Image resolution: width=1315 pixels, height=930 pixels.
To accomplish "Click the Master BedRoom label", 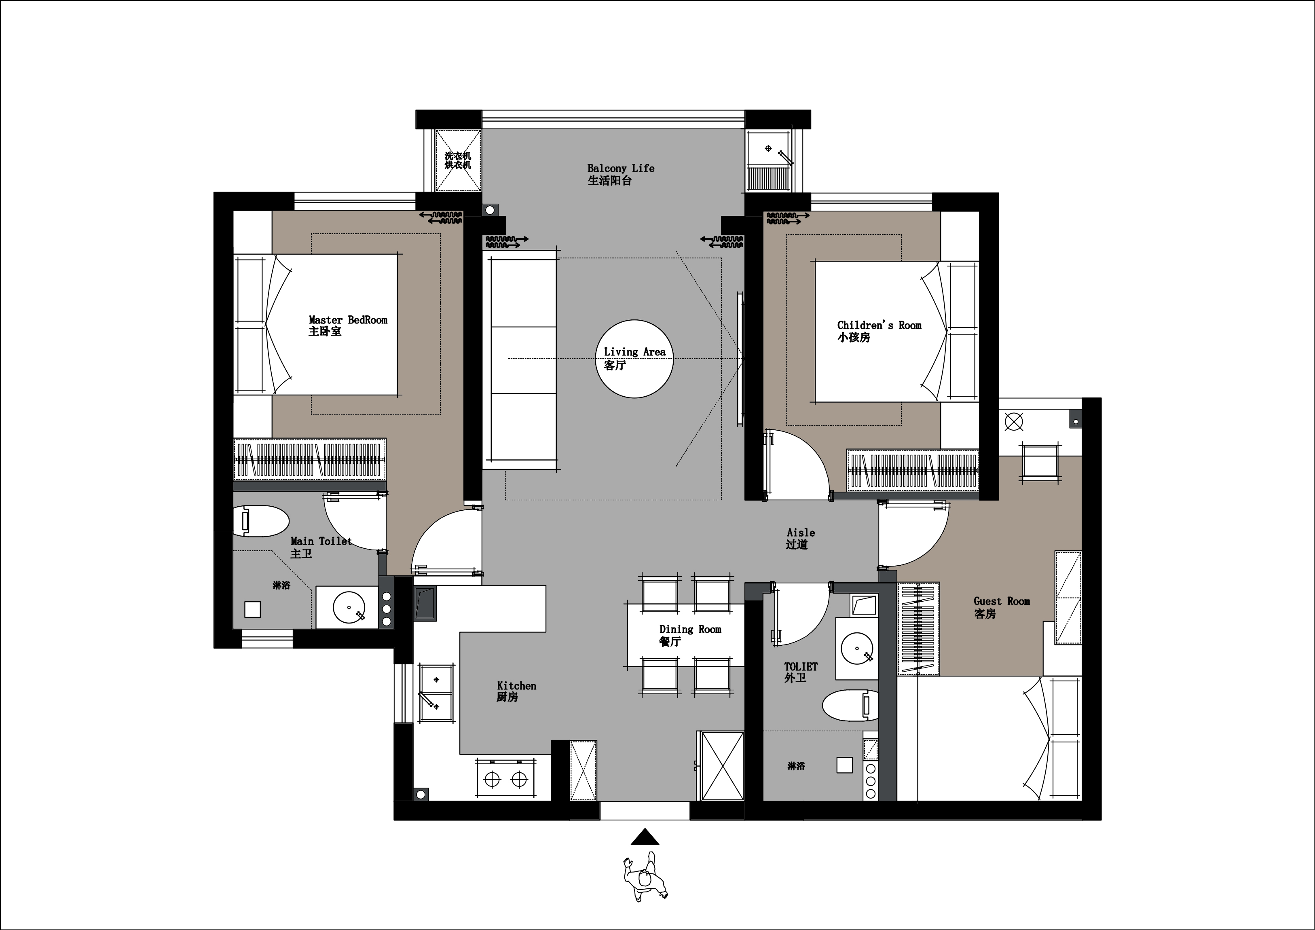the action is tap(348, 325).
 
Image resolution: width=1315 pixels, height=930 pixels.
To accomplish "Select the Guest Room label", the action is tap(1002, 607).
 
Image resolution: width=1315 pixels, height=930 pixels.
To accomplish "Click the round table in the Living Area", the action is tap(634, 359).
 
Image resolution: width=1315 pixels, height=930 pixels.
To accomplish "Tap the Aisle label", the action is tap(800, 538).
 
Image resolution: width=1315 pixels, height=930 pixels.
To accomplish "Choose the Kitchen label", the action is tap(516, 691).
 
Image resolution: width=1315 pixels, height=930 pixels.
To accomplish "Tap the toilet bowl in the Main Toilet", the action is tap(260, 520).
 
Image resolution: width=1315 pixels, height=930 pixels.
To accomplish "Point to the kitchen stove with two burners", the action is tap(506, 778).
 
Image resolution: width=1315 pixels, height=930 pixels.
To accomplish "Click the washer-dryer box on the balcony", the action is tap(458, 160).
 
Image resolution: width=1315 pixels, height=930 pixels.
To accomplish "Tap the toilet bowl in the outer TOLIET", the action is tap(850, 705).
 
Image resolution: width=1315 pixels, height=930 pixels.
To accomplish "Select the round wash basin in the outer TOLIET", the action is tap(857, 648).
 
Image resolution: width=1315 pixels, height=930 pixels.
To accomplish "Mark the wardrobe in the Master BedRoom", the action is tap(309, 460).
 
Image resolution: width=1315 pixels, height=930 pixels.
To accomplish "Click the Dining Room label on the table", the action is tap(690, 635).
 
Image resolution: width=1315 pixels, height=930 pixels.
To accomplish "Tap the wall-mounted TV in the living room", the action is tap(740, 359).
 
